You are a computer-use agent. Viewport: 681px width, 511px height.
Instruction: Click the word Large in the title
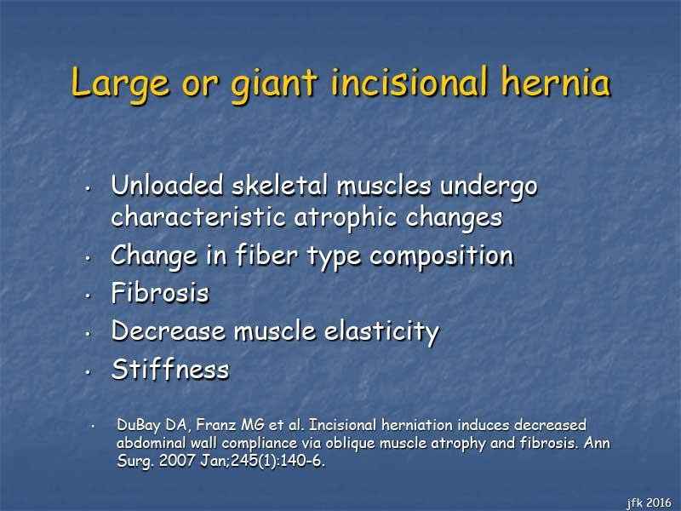point(120,83)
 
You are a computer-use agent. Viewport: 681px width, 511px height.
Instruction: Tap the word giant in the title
point(274,83)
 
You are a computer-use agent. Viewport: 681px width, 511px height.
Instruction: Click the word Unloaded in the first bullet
point(167,185)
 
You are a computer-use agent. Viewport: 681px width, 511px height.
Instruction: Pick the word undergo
point(489,187)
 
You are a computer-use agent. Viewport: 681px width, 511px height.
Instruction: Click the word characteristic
point(198,216)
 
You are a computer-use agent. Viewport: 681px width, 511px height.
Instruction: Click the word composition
point(442,256)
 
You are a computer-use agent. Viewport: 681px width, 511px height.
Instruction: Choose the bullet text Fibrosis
point(160,292)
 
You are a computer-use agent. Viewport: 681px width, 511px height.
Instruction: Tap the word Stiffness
point(170,370)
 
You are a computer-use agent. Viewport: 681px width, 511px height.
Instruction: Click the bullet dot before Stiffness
point(89,372)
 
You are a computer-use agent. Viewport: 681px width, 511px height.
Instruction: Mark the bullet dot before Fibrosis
point(89,296)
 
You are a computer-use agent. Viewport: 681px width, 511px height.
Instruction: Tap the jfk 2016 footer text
point(650,502)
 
